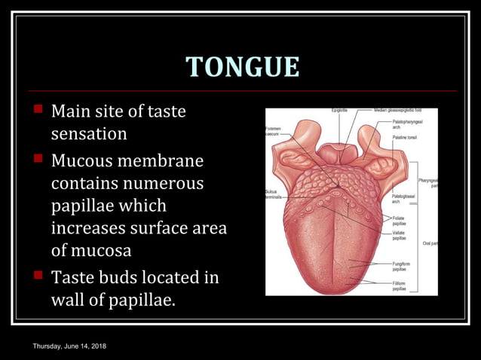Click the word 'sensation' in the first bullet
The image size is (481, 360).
coord(89,135)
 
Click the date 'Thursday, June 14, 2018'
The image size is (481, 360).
coord(69,345)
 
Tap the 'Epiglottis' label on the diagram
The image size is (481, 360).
coord(339,110)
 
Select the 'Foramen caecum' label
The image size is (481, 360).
coord(273,131)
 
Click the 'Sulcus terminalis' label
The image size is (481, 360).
coord(273,194)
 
